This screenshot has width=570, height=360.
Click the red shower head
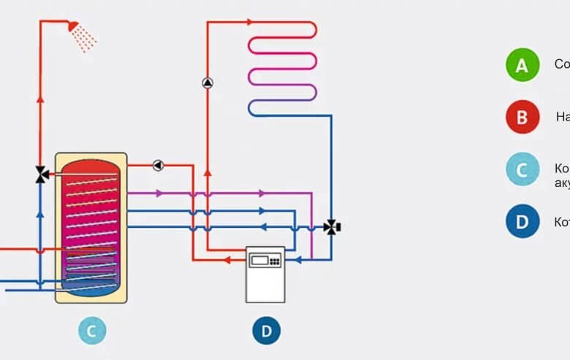pyautogui.click(x=72, y=26)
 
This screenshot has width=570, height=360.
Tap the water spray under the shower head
pyautogui.click(x=86, y=41)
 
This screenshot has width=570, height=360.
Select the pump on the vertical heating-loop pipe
pyautogui.click(x=208, y=82)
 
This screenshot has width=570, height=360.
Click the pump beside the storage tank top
pyautogui.click(x=158, y=165)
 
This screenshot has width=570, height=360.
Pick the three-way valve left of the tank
pyautogui.click(x=41, y=174)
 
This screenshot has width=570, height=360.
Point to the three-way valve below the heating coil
pyautogui.click(x=332, y=227)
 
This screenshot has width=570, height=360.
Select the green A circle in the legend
pyautogui.click(x=522, y=65)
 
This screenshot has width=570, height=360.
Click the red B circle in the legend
pyautogui.click(x=522, y=118)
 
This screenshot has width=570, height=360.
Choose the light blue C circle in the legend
pyautogui.click(x=522, y=170)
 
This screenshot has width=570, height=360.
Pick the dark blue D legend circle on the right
pyautogui.click(x=522, y=222)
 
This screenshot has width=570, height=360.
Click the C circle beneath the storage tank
pyautogui.click(x=91, y=331)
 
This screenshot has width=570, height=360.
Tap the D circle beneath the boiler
pyautogui.click(x=266, y=331)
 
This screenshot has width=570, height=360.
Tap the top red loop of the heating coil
pyautogui.click(x=282, y=29)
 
